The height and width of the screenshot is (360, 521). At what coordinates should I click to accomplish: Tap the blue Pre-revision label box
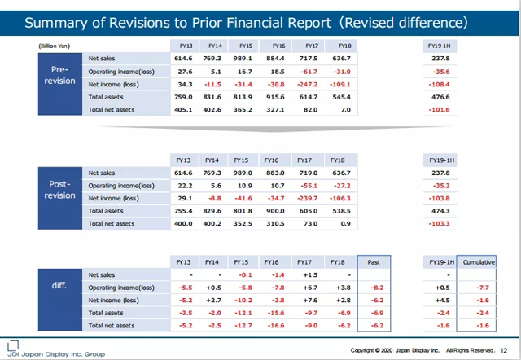(58, 75)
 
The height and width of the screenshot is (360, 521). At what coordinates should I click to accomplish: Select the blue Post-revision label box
(58, 191)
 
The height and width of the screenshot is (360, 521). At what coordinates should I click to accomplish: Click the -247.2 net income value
(308, 84)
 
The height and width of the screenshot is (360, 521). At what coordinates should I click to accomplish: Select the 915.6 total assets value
(275, 97)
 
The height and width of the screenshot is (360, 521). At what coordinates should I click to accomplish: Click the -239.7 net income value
(308, 199)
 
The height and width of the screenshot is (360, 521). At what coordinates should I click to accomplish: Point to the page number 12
(509, 350)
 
